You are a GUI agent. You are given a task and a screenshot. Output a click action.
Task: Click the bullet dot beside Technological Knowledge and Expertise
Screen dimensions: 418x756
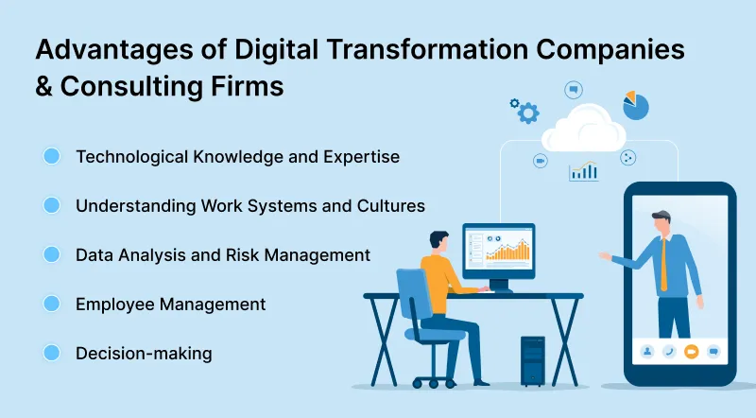point(52,156)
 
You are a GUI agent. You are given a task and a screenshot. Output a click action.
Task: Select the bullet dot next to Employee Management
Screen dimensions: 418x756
point(52,304)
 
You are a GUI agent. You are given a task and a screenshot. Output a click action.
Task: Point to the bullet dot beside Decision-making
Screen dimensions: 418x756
point(52,353)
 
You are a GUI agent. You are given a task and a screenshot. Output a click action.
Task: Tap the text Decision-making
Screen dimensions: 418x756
point(144,354)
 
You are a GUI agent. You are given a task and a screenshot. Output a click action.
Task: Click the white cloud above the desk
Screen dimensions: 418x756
point(583,132)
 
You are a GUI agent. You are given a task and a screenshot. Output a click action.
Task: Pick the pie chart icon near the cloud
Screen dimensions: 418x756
point(636,105)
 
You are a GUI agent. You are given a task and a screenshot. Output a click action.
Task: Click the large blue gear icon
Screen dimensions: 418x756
point(528,113)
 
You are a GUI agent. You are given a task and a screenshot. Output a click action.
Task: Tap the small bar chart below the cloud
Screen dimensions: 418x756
point(583,171)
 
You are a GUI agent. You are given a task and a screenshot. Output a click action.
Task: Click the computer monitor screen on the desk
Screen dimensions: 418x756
point(499,248)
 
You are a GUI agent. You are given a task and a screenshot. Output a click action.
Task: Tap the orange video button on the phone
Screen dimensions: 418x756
point(691,351)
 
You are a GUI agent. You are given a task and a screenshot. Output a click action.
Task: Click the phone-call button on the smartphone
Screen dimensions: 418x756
point(669,351)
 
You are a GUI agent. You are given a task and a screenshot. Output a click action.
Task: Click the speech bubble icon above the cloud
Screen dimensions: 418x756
point(573,90)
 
